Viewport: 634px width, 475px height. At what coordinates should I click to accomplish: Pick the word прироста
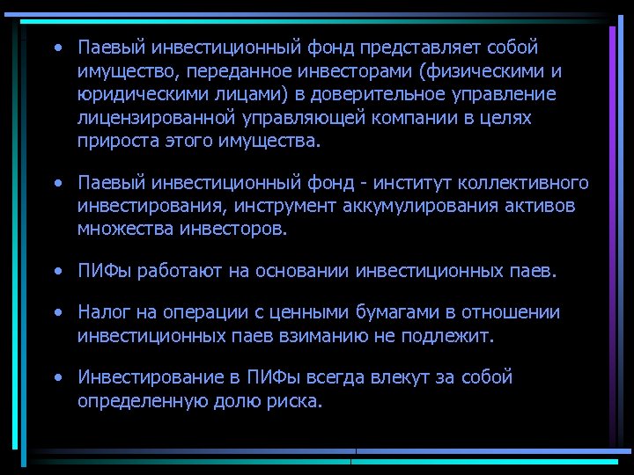112,141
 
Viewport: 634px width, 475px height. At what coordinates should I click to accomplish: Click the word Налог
104,312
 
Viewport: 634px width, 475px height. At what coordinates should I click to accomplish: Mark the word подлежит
450,336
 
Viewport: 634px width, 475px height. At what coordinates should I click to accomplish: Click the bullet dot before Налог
56,313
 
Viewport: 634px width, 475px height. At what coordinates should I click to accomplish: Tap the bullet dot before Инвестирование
56,378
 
